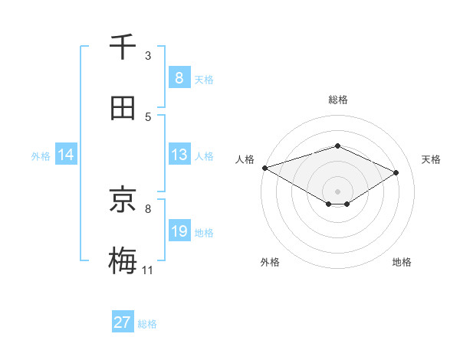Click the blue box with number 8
[x=179, y=78]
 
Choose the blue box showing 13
[x=179, y=155]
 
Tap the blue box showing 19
[x=179, y=231]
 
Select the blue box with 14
[x=66, y=155]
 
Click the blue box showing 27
[x=123, y=322]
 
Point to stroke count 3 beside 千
[x=148, y=56]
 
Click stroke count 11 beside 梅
[x=147, y=270]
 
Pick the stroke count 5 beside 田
[x=148, y=117]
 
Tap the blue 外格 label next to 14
[x=41, y=155]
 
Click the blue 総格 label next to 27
[x=147, y=324]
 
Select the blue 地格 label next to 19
[x=204, y=232]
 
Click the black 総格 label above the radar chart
[x=337, y=100]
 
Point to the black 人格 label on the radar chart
[x=245, y=159]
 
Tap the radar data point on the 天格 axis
[x=396, y=172]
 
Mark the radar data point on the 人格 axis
[x=264, y=168]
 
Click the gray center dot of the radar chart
[x=337, y=191]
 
